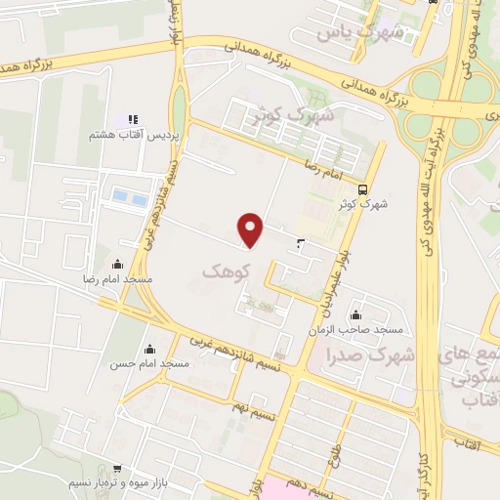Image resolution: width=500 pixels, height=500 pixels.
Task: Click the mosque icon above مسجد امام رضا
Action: click(x=118, y=264)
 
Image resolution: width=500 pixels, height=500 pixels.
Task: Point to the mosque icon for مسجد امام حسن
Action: click(x=149, y=348)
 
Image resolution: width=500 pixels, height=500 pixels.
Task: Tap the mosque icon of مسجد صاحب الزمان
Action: click(x=354, y=314)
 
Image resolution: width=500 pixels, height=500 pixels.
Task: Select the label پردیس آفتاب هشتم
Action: click(x=148, y=137)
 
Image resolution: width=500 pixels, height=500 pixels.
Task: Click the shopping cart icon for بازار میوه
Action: click(x=117, y=469)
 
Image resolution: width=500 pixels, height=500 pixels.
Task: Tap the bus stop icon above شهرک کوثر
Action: click(x=363, y=189)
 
